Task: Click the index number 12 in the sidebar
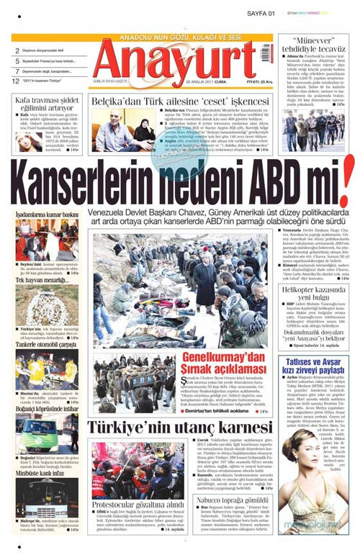point(16,81)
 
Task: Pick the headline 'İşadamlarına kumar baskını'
point(47,214)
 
